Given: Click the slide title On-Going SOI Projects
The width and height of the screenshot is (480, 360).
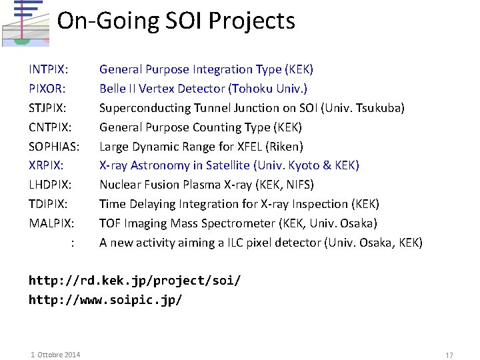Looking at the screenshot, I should tap(176, 21).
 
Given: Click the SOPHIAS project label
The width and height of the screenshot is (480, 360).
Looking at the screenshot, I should tap(54, 147).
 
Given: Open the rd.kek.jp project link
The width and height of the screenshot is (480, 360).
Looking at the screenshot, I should tap(134, 281).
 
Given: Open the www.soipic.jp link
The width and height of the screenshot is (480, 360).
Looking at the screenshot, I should tap(105, 300).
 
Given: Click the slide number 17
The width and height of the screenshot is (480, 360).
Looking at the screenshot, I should tap(449, 355).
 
